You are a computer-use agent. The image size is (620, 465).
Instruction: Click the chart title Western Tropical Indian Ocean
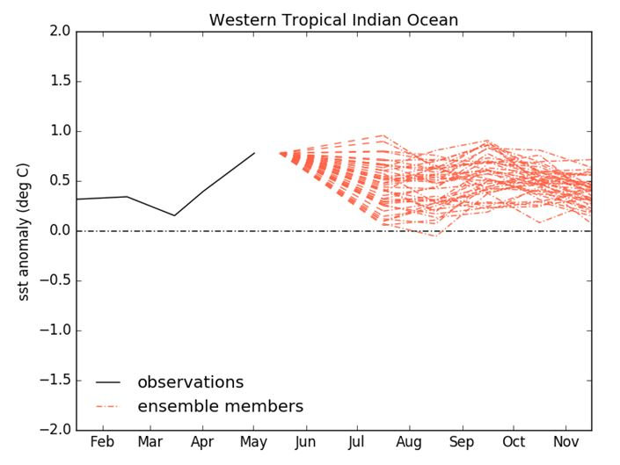[x=333, y=19]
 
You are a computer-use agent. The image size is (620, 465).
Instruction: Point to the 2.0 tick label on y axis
[x=58, y=32]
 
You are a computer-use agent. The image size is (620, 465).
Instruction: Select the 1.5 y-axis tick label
[x=58, y=82]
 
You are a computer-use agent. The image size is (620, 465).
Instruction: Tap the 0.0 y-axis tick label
[x=58, y=231]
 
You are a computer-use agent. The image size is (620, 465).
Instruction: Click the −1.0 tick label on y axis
[x=55, y=331]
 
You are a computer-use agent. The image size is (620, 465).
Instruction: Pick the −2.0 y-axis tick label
[x=55, y=430]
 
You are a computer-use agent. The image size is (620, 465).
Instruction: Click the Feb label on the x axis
[x=103, y=441]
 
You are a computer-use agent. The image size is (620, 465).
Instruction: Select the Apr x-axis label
[x=203, y=441]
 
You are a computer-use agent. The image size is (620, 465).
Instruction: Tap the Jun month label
[x=306, y=441]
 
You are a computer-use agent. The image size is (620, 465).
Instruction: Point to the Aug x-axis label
[x=409, y=441]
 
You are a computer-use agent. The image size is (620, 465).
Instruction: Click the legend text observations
[x=190, y=382]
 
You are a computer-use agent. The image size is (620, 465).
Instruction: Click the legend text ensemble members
[x=220, y=406]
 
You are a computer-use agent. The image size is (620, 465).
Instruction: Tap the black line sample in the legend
[x=109, y=382]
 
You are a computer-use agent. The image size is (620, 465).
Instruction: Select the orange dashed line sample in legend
[x=109, y=406]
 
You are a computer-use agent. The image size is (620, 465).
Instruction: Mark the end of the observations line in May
[x=255, y=153]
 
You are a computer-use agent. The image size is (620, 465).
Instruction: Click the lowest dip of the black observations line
[x=174, y=215]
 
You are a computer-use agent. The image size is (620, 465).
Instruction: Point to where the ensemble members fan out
[x=283, y=154]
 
